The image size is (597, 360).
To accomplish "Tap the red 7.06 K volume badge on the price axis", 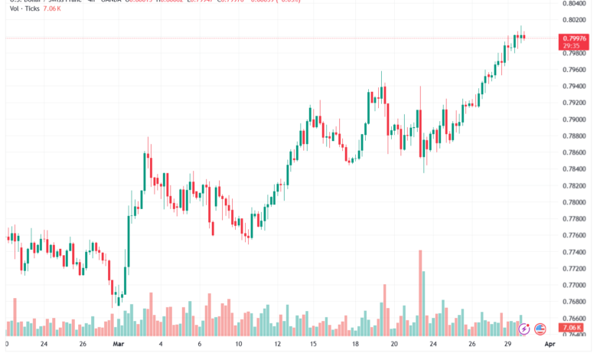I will coord(574,329).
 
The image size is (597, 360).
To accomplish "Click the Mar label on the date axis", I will coord(117,345).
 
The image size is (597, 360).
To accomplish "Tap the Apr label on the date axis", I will coord(548,345).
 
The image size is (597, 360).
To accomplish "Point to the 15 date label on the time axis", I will coord(313,345).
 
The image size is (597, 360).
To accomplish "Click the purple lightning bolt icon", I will coord(524,329).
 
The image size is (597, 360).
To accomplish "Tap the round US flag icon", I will coord(540,329).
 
